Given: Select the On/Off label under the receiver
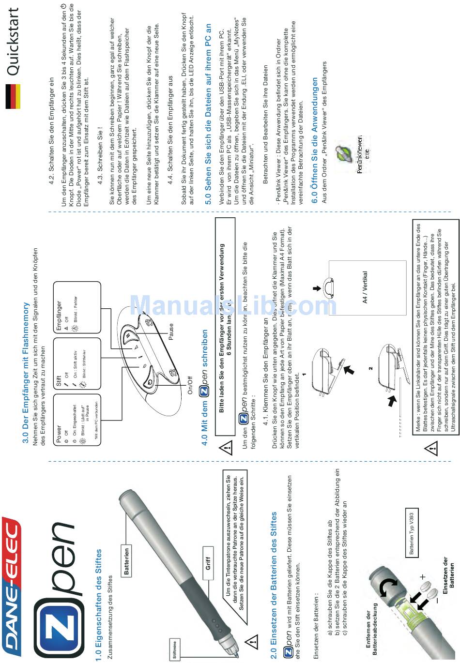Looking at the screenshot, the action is pos(190,385).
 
